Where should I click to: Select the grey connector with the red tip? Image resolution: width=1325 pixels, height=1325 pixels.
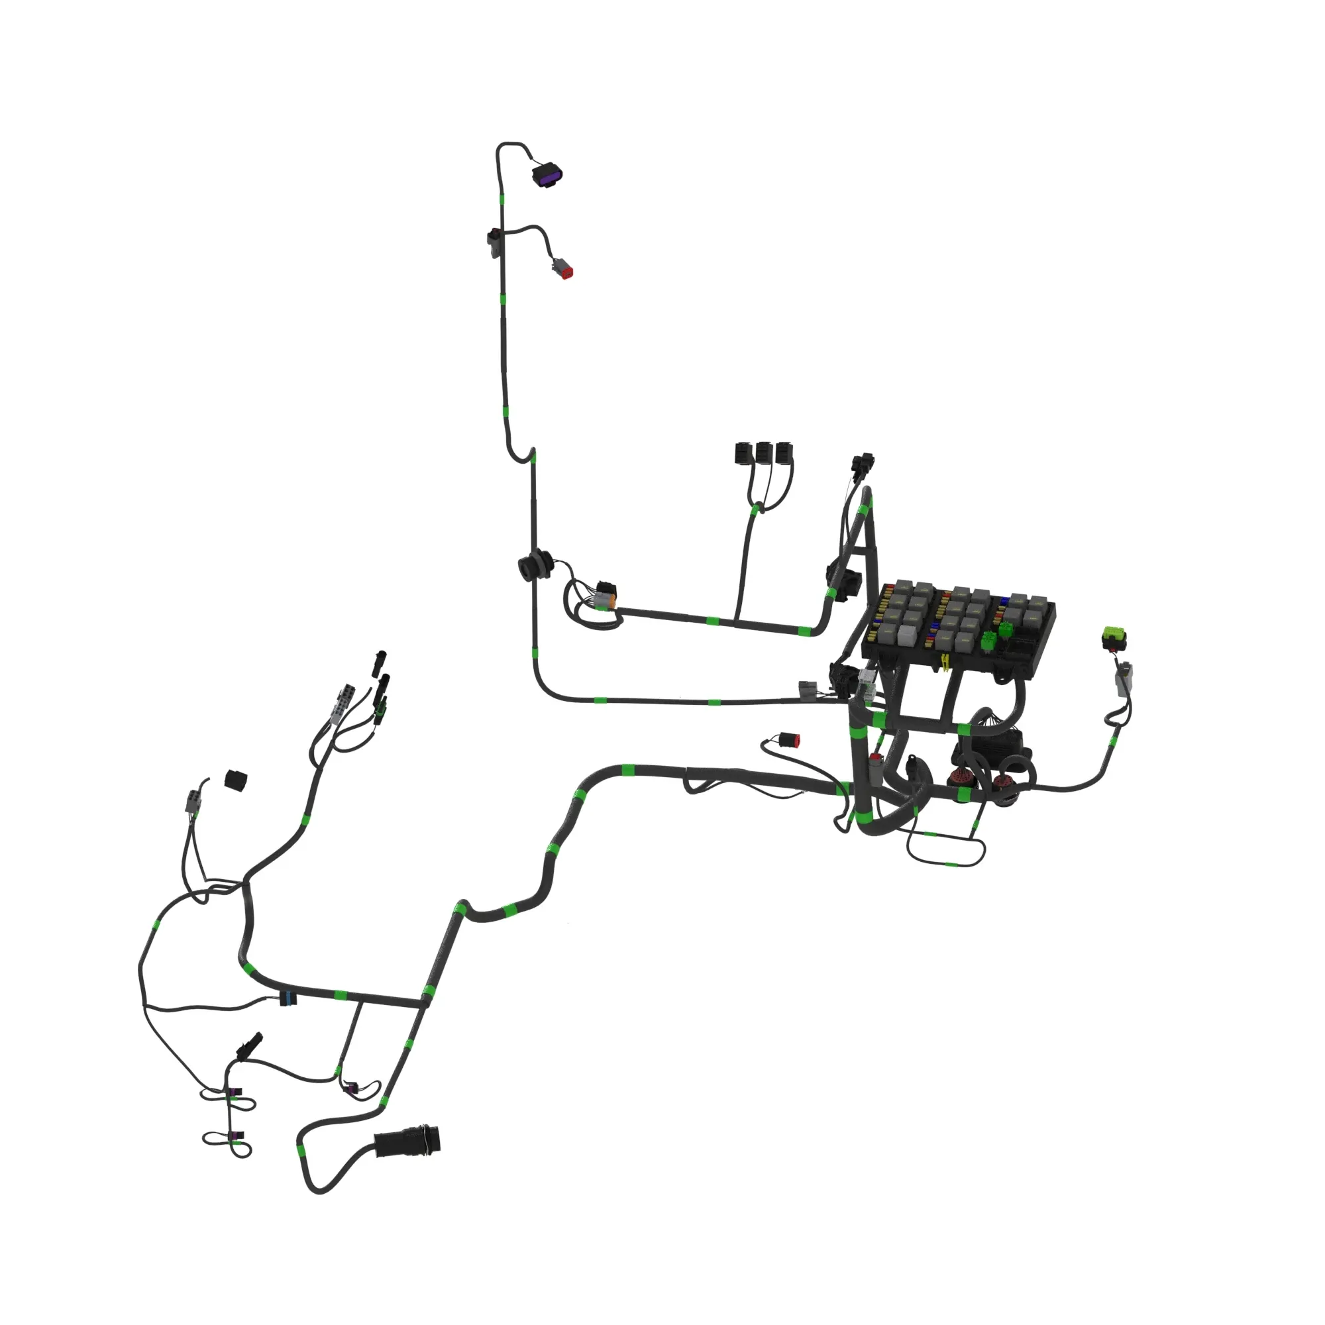[563, 269]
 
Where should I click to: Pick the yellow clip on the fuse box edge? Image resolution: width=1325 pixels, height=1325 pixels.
[945, 662]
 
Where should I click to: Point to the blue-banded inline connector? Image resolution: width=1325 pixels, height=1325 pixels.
[288, 998]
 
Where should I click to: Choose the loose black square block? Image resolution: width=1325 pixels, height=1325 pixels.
[236, 780]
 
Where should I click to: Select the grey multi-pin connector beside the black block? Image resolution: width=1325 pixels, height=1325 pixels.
[194, 800]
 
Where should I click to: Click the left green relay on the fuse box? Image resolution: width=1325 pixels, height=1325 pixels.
[988, 641]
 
